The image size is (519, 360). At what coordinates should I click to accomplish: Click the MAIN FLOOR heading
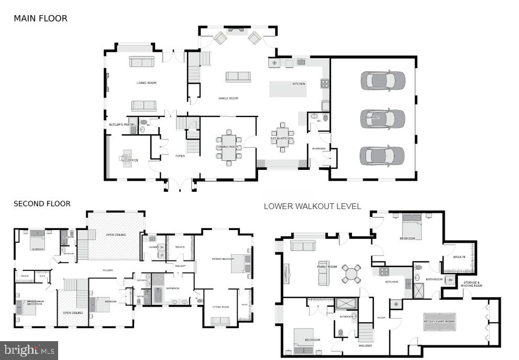pyautogui.click(x=40, y=18)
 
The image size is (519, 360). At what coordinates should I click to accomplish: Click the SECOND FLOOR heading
pyautogui.click(x=42, y=204)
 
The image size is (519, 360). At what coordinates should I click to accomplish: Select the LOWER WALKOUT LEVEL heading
pyautogui.click(x=312, y=206)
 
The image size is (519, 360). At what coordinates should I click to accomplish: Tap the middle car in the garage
pyautogui.click(x=383, y=118)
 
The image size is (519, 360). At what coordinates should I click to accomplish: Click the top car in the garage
pyautogui.click(x=383, y=81)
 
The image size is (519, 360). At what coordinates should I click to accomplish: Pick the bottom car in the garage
pyautogui.click(x=383, y=156)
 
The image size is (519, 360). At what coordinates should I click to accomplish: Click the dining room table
pyautogui.click(x=229, y=147)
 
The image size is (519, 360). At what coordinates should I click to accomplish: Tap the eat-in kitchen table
pyautogui.click(x=282, y=138)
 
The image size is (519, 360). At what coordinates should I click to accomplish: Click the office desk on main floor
pyautogui.click(x=126, y=158)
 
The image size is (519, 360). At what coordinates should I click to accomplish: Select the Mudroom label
pyautogui.click(x=318, y=148)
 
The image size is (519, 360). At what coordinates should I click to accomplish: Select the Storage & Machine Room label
pyautogui.click(x=471, y=285)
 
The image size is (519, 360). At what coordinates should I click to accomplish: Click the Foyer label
pyautogui.click(x=180, y=156)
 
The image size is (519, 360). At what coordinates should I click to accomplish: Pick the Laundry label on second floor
pyautogui.click(x=153, y=246)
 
